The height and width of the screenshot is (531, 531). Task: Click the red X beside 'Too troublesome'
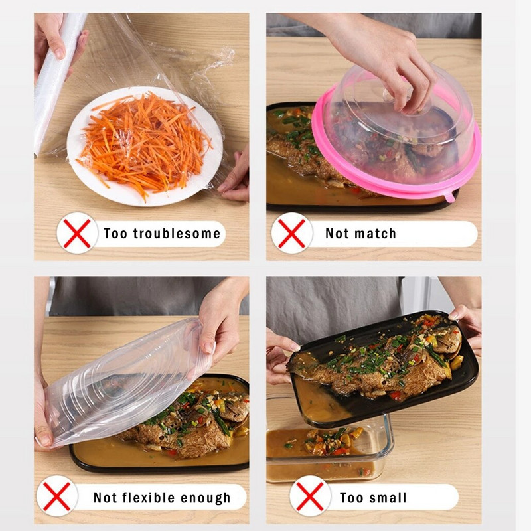coord(77,234)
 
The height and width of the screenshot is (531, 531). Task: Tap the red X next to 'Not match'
coord(291,234)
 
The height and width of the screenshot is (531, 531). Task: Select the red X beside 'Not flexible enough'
coord(56,496)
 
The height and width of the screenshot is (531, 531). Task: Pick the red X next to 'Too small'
coord(309,496)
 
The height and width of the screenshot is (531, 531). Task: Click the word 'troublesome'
coord(177,234)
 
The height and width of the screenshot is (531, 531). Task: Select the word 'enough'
coord(205,498)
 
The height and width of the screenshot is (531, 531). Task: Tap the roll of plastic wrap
coord(56,81)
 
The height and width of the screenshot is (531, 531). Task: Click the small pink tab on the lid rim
coord(449,196)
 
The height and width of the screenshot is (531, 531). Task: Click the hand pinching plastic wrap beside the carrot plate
coord(235,176)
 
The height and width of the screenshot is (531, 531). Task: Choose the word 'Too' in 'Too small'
coord(352,497)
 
